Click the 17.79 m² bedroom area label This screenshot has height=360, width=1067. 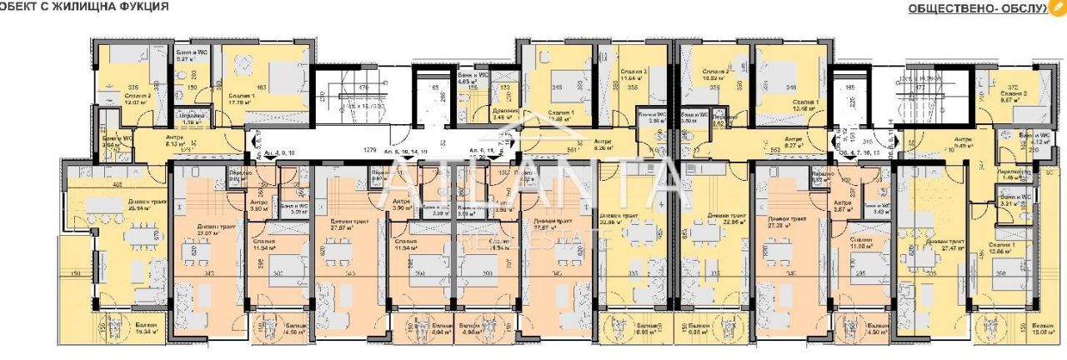pyautogui.click(x=242, y=102)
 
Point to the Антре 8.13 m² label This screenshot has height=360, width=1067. pyautogui.click(x=174, y=140)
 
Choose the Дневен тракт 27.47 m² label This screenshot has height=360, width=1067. pyautogui.click(x=944, y=247)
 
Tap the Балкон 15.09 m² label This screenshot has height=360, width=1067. pyautogui.click(x=1041, y=327)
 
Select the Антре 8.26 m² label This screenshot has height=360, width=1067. pyautogui.click(x=600, y=140)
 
